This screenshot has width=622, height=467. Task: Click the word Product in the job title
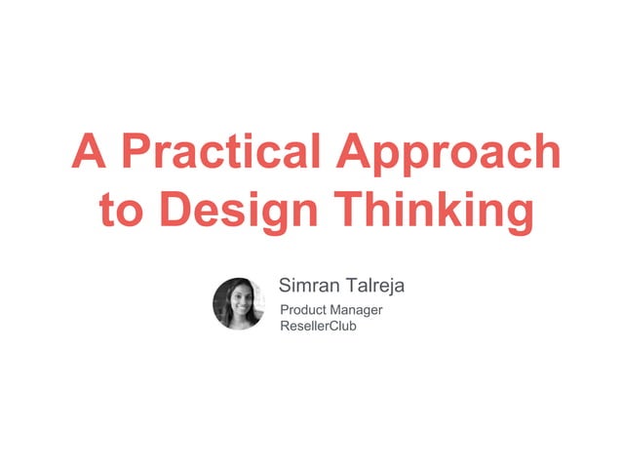pos(303,310)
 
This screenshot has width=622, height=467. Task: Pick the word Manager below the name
pos(356,311)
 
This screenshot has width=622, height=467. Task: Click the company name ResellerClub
pos(318,326)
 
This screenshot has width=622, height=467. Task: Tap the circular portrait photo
pos(239,303)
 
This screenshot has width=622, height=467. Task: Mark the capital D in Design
pos(175,212)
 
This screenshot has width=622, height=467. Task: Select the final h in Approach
pos(547,153)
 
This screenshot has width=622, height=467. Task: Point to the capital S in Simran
pos(286,286)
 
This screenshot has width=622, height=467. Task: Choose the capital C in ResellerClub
pos(330,326)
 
